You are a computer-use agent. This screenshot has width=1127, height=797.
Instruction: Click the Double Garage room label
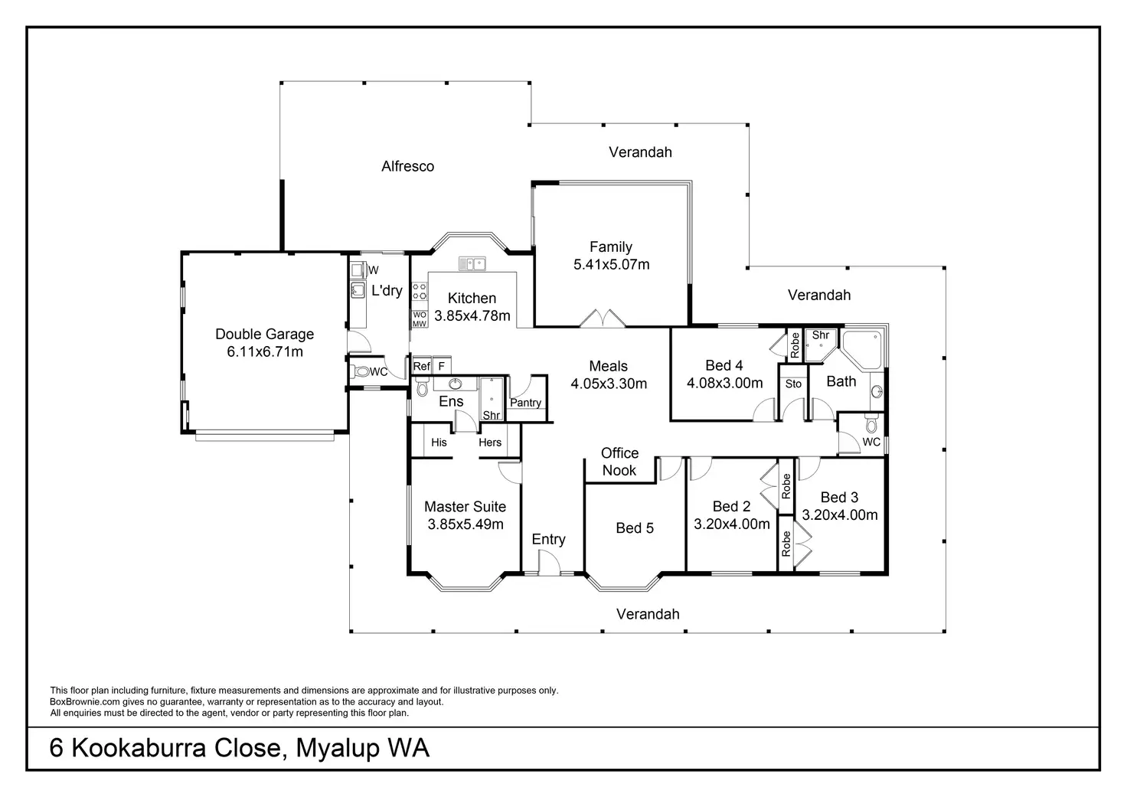point(264,334)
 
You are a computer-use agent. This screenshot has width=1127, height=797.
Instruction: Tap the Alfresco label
point(407,166)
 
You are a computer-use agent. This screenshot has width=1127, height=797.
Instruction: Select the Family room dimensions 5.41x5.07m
point(611,265)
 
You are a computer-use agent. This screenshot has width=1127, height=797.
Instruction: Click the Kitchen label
point(472,298)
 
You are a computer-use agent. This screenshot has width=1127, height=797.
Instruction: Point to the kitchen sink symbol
point(472,264)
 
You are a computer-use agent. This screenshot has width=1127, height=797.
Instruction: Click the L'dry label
point(387,291)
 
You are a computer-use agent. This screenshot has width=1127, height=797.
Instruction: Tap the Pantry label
point(525,403)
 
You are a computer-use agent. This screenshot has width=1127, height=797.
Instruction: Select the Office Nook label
point(619,462)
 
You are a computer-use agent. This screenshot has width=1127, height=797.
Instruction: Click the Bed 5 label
point(635,528)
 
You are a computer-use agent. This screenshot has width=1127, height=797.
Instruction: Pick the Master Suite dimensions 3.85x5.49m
point(465,524)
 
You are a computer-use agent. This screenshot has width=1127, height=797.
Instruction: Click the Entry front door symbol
point(547,566)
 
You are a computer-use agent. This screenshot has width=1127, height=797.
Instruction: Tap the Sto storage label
point(793,384)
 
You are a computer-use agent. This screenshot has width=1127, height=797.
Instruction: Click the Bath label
point(841,381)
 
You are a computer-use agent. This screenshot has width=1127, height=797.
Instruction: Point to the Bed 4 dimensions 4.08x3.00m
point(724,383)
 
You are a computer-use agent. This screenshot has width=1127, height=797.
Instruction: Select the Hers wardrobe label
point(490,443)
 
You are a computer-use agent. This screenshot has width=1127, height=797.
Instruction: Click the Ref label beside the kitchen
point(421,367)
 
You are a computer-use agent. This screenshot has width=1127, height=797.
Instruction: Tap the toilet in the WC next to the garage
point(361,373)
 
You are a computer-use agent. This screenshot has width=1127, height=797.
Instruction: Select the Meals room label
point(608,366)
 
